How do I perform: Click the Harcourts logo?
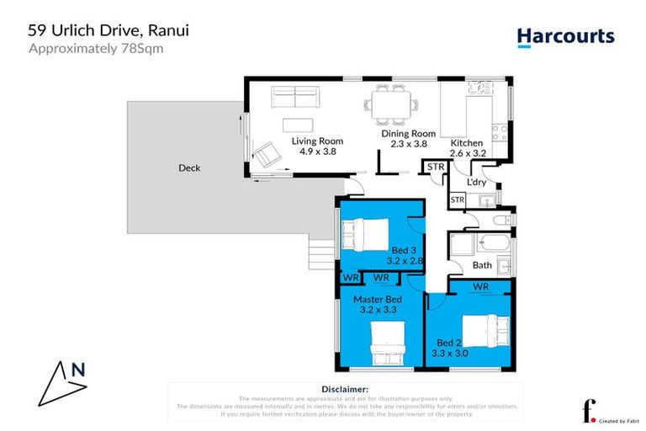[564, 37]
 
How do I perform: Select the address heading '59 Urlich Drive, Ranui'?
[109, 29]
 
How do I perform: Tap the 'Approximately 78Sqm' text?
[96, 48]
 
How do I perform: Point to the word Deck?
[189, 168]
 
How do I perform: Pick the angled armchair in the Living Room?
[268, 154]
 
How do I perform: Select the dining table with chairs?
[390, 106]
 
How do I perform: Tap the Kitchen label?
[467, 143]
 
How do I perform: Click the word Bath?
[482, 265]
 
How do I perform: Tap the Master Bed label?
[377, 299]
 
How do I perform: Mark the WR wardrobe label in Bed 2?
[480, 287]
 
